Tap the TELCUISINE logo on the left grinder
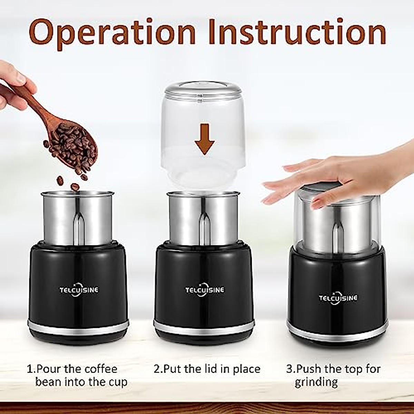[79, 290]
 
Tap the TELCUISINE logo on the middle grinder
[205, 290]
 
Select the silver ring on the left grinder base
[78, 326]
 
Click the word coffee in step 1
[100, 369]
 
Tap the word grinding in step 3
[316, 383]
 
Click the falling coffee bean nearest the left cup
[75, 187]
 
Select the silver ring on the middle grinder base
[204, 326]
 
